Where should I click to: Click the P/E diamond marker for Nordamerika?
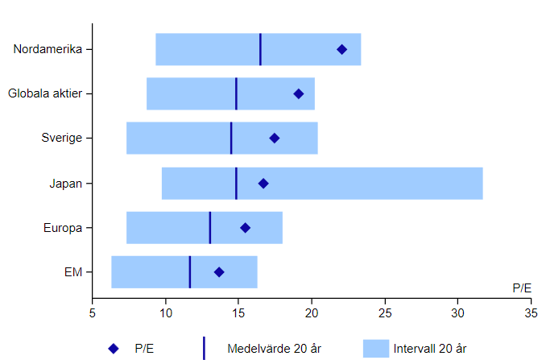[341, 50]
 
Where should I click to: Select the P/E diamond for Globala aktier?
[299, 94]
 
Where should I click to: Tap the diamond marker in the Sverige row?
[275, 139]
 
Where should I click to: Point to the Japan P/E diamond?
[263, 184]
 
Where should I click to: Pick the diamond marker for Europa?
[246, 228]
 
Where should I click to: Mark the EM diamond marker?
[219, 272]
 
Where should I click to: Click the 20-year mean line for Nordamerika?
[260, 49]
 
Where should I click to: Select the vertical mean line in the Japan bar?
[236, 183]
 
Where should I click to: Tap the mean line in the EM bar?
[190, 271]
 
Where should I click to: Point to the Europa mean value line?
[210, 227]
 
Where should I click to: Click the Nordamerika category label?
[48, 49]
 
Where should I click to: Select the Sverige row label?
[62, 138]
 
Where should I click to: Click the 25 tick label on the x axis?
[385, 312]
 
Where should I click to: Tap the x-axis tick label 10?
[166, 312]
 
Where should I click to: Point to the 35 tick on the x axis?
[531, 312]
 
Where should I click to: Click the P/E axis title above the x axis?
[522, 288]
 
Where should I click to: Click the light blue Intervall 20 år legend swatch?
[376, 348]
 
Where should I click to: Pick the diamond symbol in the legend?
[114, 349]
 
